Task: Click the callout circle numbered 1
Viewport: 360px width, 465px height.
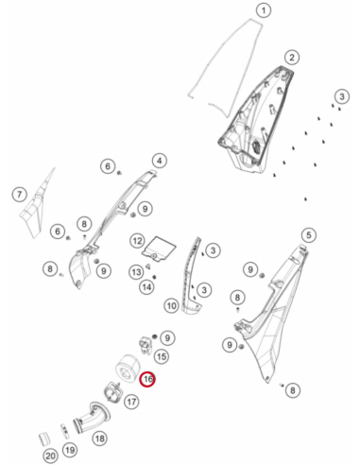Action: pos(264,10)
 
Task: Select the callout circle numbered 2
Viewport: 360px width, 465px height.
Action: pos(292,58)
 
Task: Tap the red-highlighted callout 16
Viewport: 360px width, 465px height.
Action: pos(148,379)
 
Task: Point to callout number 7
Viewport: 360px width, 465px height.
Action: pos(20,194)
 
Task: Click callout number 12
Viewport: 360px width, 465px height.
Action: pos(138,241)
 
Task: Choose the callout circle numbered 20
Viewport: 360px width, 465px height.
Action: pos(50,456)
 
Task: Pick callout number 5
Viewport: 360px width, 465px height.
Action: pos(309,234)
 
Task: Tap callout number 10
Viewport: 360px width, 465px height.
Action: pos(172,305)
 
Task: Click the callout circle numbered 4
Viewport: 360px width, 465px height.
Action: pos(160,161)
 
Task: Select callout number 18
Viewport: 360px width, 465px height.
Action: pos(100,439)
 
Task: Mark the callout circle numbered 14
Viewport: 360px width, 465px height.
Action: pos(146,287)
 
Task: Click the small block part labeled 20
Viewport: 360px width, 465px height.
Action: pos(44,439)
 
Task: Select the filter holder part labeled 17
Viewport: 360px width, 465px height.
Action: pos(112,392)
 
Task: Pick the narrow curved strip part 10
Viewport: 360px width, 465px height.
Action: pos(191,277)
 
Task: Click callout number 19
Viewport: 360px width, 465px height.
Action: pos(70,450)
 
